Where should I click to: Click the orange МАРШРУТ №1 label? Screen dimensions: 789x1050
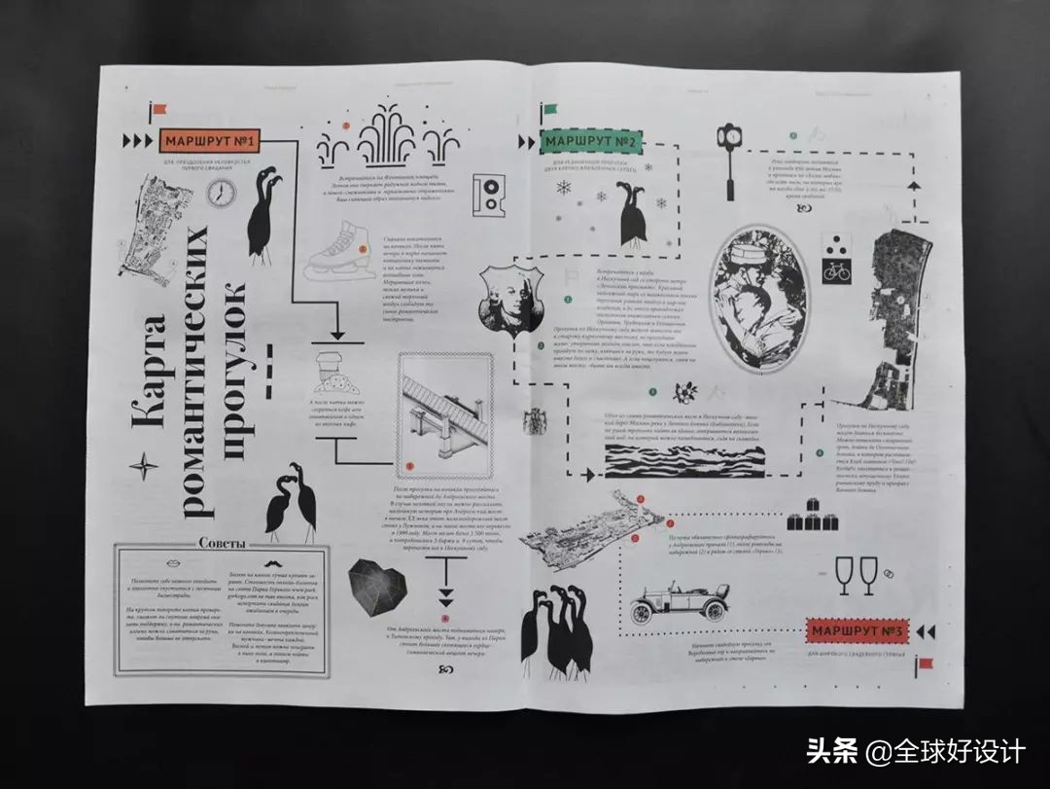210,141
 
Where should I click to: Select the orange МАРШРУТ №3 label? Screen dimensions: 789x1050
856,632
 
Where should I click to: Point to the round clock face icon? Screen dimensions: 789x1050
220,194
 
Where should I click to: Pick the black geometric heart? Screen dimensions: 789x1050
377,587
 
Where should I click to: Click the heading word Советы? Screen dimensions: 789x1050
221,543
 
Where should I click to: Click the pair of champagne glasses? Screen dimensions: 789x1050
857,575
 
